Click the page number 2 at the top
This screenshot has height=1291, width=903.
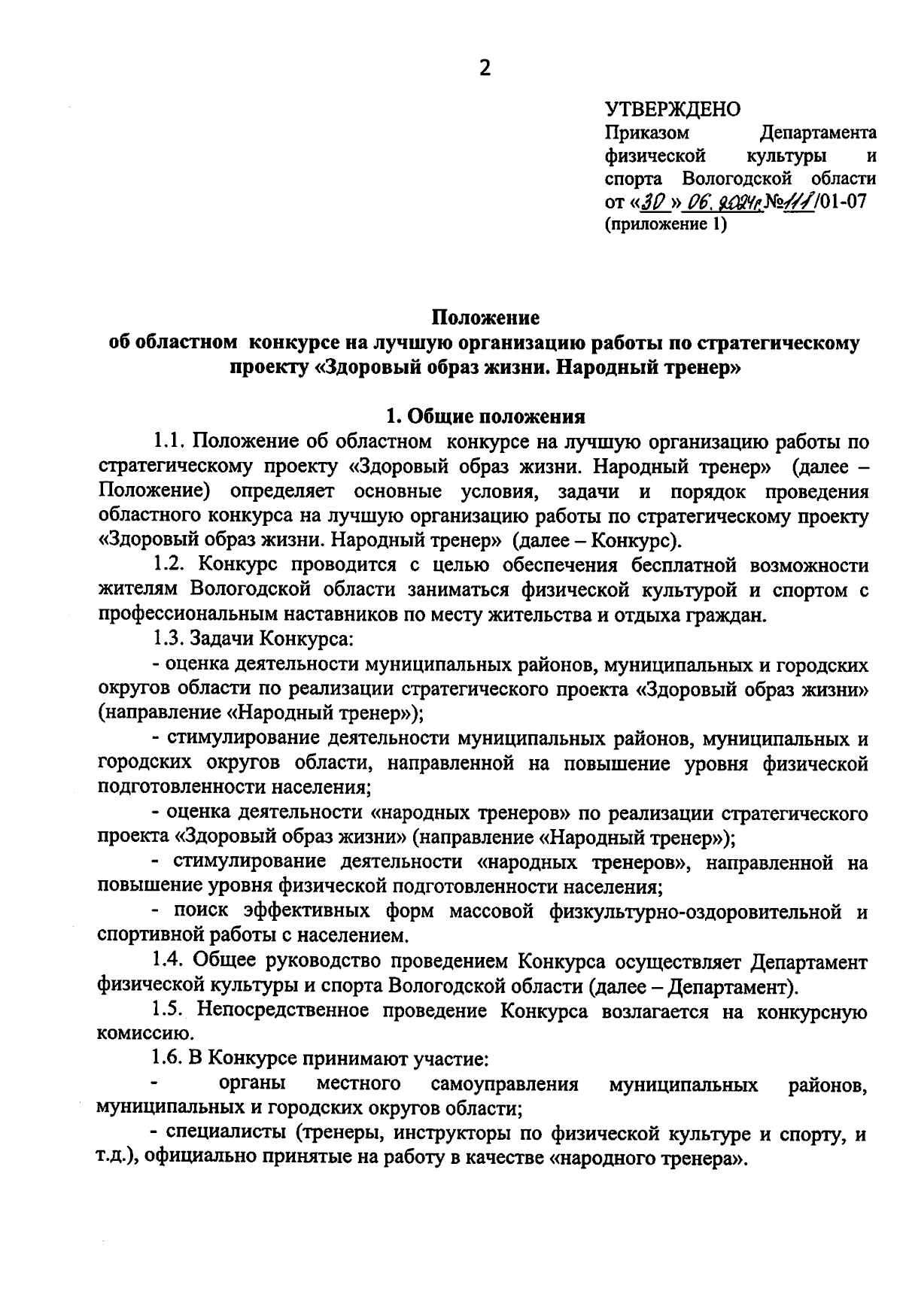click(484, 69)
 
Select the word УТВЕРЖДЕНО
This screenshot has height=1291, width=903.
click(673, 110)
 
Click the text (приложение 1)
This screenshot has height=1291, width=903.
click(666, 224)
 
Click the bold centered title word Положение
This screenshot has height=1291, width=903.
click(485, 318)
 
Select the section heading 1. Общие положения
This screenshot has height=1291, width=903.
click(485, 416)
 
